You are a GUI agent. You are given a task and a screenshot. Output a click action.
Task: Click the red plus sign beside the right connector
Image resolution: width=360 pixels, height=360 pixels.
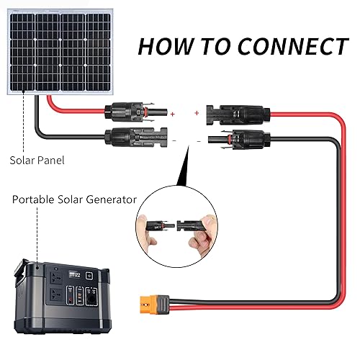pos(197,112)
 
